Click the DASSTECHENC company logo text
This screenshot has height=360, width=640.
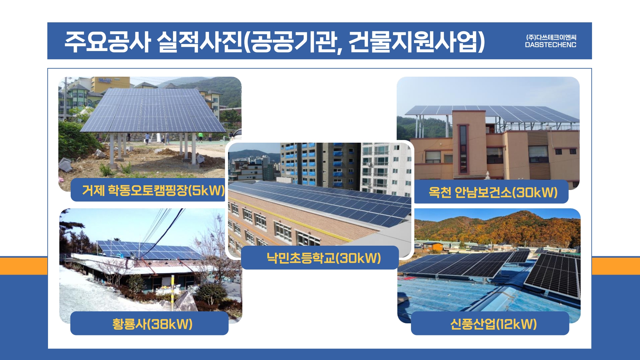point(550,45)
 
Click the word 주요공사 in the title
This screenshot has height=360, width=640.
point(107,42)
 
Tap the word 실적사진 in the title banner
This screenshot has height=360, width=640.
point(199,42)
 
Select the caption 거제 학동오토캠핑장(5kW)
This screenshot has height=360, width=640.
point(153,190)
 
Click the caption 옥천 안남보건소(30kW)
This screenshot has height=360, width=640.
point(493,192)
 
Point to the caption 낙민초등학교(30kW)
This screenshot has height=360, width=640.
point(324,258)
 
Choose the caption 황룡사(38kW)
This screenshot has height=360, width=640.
point(152,324)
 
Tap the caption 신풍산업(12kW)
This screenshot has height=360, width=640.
point(493,324)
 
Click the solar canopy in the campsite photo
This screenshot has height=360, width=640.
point(153,110)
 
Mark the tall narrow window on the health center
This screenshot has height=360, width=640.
point(463,149)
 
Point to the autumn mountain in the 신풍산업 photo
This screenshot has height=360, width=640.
point(497,228)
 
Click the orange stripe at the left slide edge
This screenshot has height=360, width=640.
point(24,266)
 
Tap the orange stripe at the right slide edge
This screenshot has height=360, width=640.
point(616,266)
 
